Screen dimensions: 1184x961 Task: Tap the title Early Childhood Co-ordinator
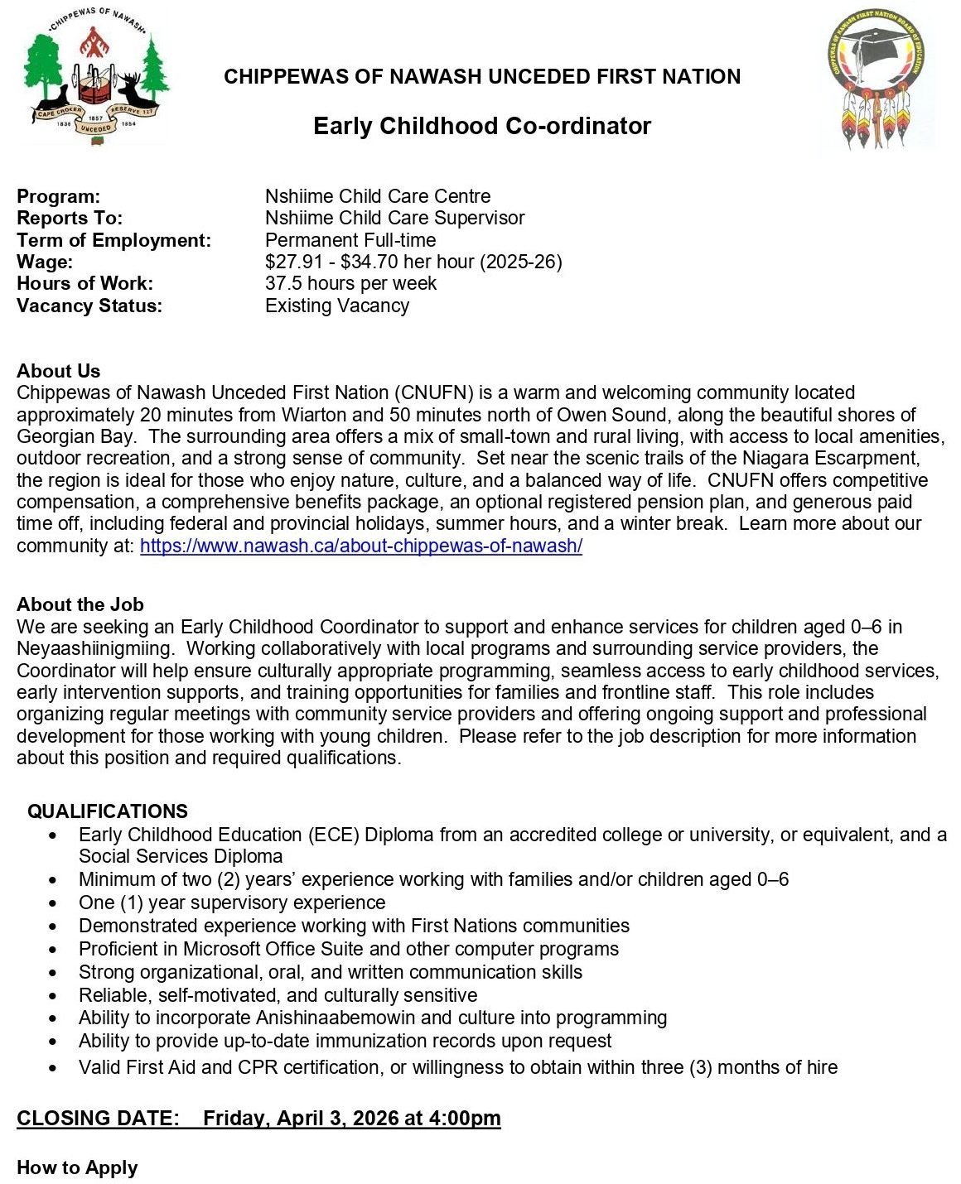(481, 126)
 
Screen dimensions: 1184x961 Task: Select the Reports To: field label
(70, 218)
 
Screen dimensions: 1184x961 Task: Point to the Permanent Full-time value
(350, 240)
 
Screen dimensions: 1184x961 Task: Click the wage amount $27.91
(292, 262)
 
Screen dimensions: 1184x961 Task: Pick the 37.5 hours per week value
(350, 283)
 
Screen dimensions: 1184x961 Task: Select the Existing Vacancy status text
(336, 306)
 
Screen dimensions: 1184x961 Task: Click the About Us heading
(58, 371)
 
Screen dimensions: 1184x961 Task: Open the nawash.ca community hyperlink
(361, 546)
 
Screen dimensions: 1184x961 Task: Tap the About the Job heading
(80, 604)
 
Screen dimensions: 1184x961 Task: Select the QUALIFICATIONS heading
(108, 811)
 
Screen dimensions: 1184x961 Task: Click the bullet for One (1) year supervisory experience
(54, 903)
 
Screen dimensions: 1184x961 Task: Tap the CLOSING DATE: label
(98, 1119)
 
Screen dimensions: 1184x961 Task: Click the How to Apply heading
(77, 1167)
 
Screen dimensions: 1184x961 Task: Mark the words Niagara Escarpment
(838, 458)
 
